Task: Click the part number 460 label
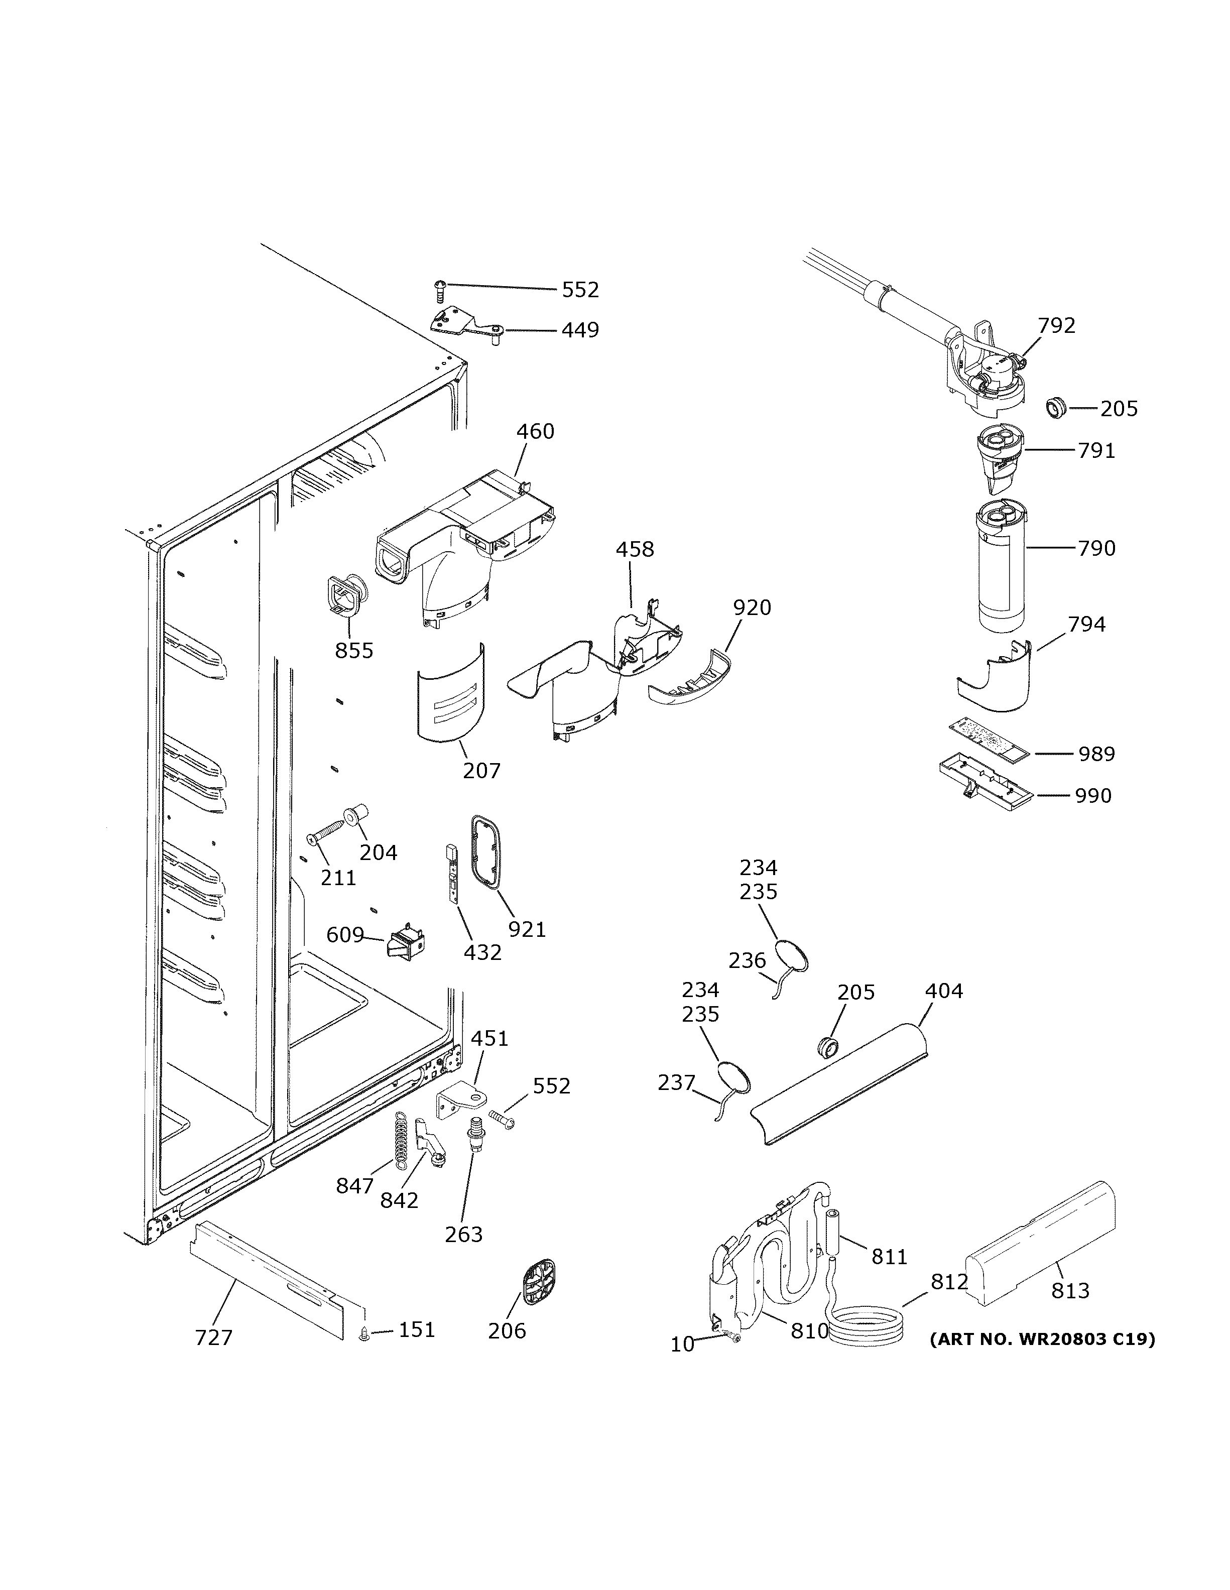pos(535,432)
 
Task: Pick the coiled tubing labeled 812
pos(869,1322)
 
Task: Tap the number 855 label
pos(354,651)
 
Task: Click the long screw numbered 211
pos(328,832)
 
